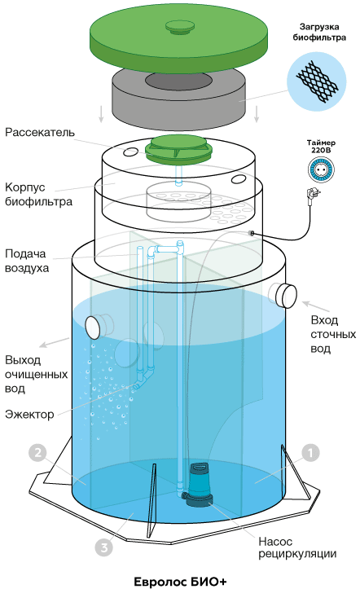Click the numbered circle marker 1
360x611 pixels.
(310, 453)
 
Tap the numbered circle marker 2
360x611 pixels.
(37, 453)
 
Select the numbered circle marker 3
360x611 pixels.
(104, 548)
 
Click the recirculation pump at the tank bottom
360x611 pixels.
(199, 485)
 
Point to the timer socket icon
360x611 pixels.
(321, 169)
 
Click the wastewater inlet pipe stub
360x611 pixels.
(284, 295)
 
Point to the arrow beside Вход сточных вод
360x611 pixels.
(316, 306)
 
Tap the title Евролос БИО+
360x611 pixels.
(180, 582)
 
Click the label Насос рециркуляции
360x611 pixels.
(297, 547)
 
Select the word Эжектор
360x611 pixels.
(29, 414)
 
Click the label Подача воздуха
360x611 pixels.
(27, 261)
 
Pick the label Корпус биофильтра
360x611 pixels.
(38, 195)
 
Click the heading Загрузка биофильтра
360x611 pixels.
(319, 33)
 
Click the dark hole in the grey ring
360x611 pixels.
(179, 81)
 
